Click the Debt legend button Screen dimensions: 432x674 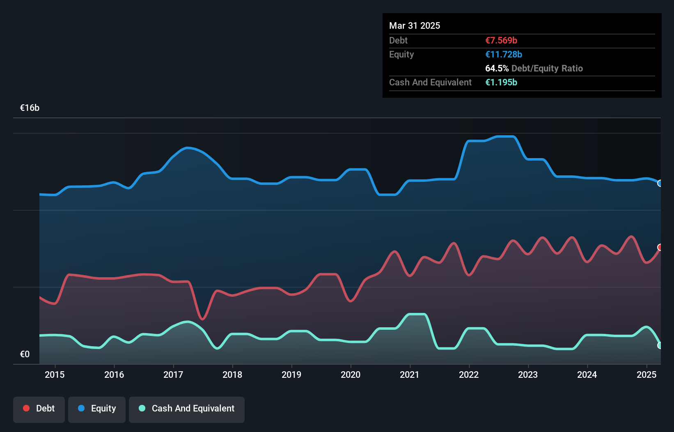pyautogui.click(x=39, y=409)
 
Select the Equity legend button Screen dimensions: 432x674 pyautogui.click(x=97, y=409)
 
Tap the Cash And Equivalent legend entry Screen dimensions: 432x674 pyautogui.click(x=187, y=409)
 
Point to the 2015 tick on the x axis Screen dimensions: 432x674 pyautogui.click(x=55, y=375)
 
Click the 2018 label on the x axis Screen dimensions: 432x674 pyautogui.click(x=232, y=375)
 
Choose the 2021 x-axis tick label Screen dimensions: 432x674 pyautogui.click(x=410, y=375)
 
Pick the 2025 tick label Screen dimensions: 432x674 pyautogui.click(x=646, y=375)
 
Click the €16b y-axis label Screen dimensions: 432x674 pyautogui.click(x=30, y=108)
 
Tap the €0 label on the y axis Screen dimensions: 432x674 pyautogui.click(x=25, y=354)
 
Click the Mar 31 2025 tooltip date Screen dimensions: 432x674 pyautogui.click(x=415, y=25)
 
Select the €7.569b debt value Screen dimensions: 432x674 pyautogui.click(x=501, y=40)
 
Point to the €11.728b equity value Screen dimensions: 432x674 pyautogui.click(x=504, y=54)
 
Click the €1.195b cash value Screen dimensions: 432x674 pyautogui.click(x=501, y=82)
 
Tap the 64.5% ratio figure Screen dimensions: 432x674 pyautogui.click(x=497, y=68)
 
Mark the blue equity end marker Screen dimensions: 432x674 pyautogui.click(x=660, y=183)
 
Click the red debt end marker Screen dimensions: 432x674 pyautogui.click(x=660, y=247)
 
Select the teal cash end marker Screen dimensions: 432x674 pyautogui.click(x=660, y=345)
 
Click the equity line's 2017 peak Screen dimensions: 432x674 pyautogui.click(x=187, y=148)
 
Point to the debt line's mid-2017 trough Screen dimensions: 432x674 pyautogui.click(x=202, y=318)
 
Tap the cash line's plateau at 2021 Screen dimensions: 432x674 pyautogui.click(x=417, y=315)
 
